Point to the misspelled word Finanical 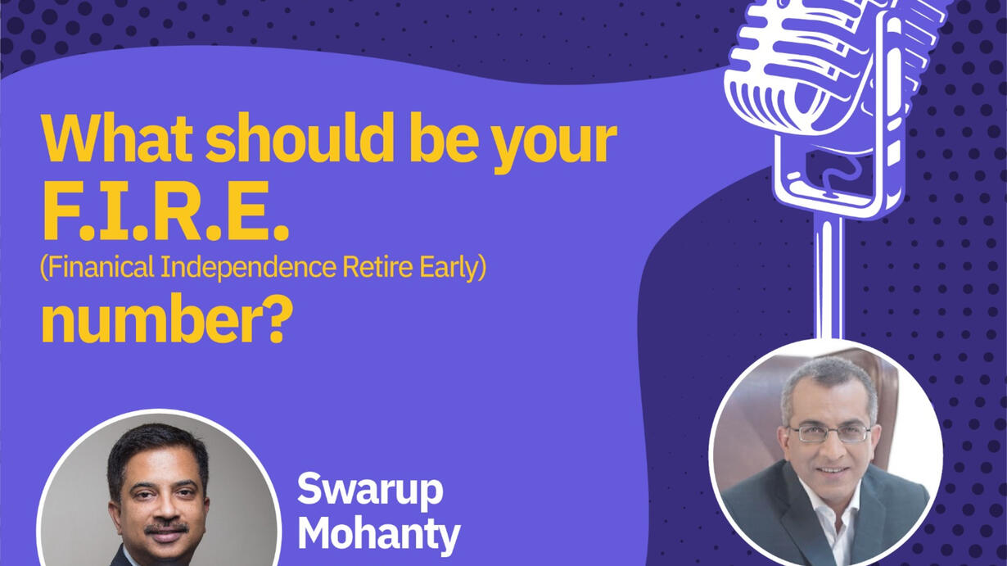point(98,268)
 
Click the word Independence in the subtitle point(249,268)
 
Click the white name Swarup point(370,491)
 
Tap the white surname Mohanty point(379,535)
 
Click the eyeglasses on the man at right point(829,434)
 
